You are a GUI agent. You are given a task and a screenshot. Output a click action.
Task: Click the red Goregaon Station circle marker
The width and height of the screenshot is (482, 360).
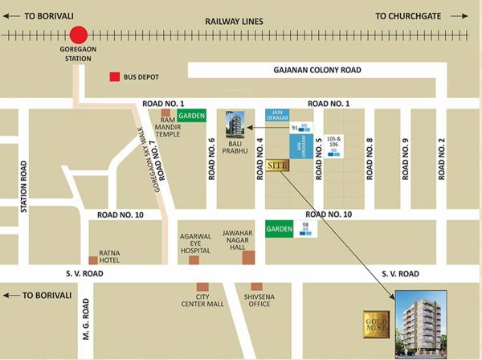click(x=78, y=35)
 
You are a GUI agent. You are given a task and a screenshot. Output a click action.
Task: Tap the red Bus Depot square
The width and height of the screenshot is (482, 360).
click(x=115, y=77)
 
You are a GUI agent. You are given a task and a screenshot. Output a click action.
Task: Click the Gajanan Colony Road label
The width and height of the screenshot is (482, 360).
click(x=317, y=71)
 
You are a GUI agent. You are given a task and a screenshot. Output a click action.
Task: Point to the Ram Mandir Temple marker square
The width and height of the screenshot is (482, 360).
click(x=165, y=113)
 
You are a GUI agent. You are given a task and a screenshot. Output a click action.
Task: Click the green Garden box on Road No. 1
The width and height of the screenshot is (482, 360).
click(x=191, y=116)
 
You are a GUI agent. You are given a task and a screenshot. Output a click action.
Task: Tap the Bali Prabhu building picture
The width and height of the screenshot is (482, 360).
click(x=234, y=125)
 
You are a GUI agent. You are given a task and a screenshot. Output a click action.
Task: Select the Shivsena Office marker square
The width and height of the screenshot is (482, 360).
click(x=256, y=287)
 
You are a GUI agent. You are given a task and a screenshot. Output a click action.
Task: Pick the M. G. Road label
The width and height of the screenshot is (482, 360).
click(x=84, y=319)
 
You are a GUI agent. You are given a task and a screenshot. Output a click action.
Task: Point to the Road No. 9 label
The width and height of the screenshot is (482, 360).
click(x=406, y=159)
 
